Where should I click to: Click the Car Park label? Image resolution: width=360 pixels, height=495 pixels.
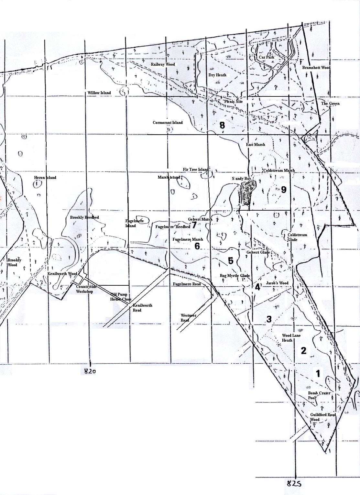(x=267, y=57)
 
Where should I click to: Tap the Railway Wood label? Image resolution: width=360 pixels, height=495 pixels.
(x=163, y=64)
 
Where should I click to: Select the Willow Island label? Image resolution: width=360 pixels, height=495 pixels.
(x=99, y=93)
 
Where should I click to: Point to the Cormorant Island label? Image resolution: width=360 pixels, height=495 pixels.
(x=168, y=123)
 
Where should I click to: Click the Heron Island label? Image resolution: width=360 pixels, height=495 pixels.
(x=45, y=178)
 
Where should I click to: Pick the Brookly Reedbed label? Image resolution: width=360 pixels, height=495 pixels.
(x=84, y=217)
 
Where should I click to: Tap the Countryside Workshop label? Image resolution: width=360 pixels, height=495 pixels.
(x=86, y=289)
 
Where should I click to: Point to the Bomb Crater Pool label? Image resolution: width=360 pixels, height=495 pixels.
(x=319, y=395)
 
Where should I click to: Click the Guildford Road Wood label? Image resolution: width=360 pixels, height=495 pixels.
(x=323, y=417)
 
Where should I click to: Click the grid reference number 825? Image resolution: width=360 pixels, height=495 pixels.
(x=294, y=484)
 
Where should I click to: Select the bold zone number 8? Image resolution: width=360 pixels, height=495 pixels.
(x=222, y=125)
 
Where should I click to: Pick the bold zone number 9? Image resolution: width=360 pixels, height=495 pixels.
(x=284, y=190)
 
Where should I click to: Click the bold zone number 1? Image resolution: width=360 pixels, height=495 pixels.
(x=318, y=374)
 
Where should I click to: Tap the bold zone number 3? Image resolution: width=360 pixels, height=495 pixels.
(x=269, y=319)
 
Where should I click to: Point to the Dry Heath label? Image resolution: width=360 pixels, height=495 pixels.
(x=217, y=75)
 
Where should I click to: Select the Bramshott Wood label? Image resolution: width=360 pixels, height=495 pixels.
(x=316, y=68)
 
